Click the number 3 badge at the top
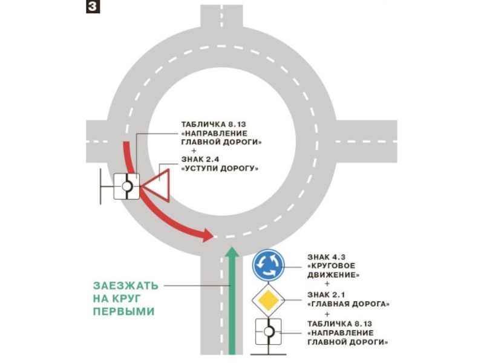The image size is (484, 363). coord(93,7)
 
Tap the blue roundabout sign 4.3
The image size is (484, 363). coord(268,264)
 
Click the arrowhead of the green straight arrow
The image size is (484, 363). coord(231,252)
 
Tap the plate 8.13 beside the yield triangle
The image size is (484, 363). coord(128,186)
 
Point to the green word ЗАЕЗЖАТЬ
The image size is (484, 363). coord(126,284)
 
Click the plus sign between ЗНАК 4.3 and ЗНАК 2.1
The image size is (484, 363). coord(328,284)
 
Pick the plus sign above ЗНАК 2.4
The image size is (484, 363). coord(194,151)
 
